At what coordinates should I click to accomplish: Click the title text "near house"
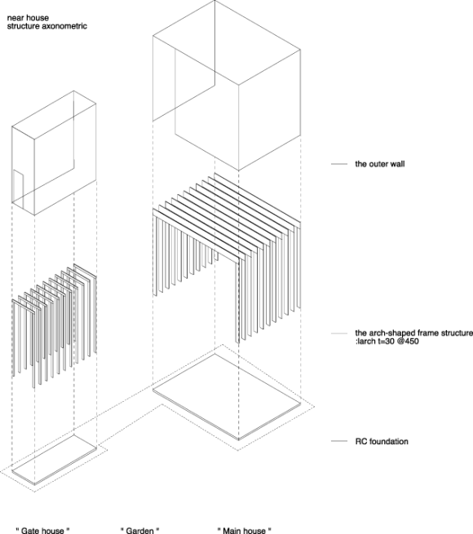(x=28, y=18)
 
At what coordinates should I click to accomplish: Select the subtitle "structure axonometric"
(x=47, y=26)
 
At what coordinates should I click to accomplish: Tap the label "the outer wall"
(x=380, y=164)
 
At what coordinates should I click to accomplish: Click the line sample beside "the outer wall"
(x=339, y=164)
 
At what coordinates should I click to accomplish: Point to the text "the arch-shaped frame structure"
(x=414, y=333)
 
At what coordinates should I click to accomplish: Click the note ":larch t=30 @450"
(x=387, y=341)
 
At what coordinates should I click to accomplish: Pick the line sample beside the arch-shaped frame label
(x=339, y=333)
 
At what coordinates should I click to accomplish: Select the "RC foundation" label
(x=382, y=441)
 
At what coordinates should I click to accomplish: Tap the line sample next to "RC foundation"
(x=339, y=441)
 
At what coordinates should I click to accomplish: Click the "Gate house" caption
(x=43, y=530)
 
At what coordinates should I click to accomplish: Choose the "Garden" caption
(x=140, y=530)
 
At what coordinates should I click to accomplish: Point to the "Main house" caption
(x=245, y=530)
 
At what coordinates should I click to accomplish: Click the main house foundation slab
(x=227, y=397)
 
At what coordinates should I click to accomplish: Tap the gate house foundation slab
(x=54, y=460)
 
